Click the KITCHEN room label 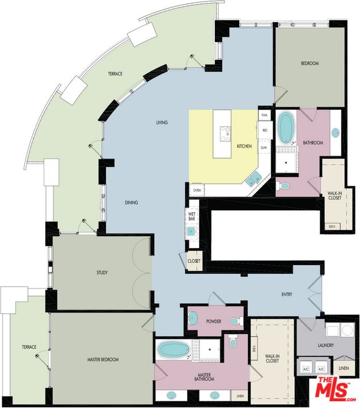244,146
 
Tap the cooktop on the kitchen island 226,134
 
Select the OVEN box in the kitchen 197,190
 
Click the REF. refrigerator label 265,130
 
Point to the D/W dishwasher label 264,148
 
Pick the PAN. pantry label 265,115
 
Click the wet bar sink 191,231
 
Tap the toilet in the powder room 236,321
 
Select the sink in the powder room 193,318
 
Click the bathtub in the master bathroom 173,350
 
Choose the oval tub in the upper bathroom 286,127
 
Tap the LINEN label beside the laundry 344,368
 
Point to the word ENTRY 287,294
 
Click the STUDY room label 102,273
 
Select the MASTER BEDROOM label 103,359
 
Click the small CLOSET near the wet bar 194,261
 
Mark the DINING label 131,202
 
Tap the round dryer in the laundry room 347,330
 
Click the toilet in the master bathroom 232,341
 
